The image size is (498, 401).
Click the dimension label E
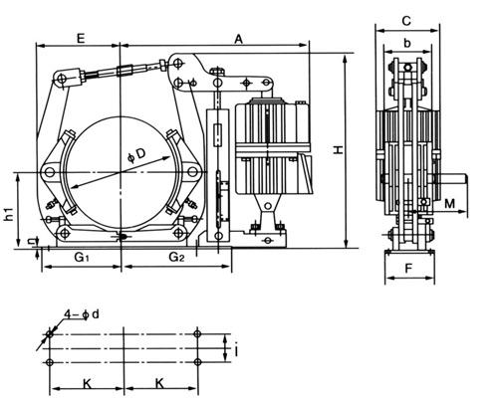[x=81, y=38]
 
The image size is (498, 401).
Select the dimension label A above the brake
[x=239, y=40]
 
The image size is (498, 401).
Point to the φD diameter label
[x=136, y=155]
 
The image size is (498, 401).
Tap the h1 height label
[x=10, y=214]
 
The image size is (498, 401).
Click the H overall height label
[x=339, y=150]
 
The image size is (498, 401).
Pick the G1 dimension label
[x=82, y=257]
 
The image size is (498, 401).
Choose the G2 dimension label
[x=176, y=257]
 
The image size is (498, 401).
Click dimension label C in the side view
[x=406, y=21]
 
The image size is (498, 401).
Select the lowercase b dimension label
[x=407, y=43]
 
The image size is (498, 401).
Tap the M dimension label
[x=449, y=204]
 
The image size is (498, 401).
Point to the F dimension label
[x=408, y=269]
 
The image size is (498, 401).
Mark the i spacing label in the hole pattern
[x=236, y=350]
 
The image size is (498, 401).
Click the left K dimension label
[x=87, y=384]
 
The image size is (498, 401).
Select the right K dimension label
[x=159, y=383]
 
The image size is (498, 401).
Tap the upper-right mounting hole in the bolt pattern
[x=197, y=333]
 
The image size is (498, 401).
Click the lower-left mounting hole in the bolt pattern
[x=50, y=362]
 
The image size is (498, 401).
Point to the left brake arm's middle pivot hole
[x=50, y=172]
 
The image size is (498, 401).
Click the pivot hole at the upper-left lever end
[x=62, y=79]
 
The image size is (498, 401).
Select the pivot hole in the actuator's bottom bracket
[x=267, y=206]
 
